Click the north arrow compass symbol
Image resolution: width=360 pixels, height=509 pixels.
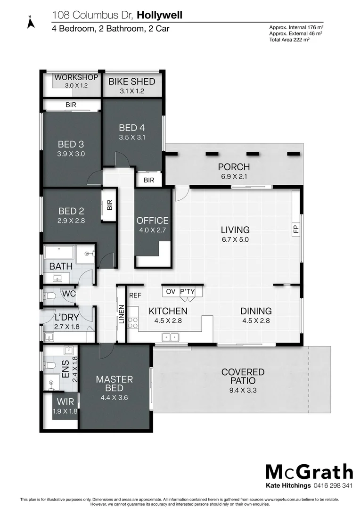(30, 22)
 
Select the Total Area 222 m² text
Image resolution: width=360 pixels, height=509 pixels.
(289, 40)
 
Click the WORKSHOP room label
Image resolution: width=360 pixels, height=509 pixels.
(76, 77)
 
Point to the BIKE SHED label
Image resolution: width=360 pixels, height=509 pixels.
(132, 82)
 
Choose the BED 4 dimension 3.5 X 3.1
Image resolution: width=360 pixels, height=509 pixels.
(132, 137)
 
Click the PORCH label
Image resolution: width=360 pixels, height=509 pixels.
(234, 167)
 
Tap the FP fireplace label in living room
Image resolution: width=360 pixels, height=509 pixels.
(296, 230)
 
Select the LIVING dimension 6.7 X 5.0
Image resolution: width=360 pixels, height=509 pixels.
(235, 239)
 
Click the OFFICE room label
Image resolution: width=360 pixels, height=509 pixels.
(152, 221)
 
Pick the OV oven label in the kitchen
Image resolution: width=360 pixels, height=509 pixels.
(170, 292)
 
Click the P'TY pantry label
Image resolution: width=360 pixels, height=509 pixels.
(187, 292)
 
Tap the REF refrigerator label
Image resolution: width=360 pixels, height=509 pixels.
(135, 296)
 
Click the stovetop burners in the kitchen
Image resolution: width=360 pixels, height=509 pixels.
(133, 322)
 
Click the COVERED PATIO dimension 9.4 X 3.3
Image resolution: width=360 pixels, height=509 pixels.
(243, 390)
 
